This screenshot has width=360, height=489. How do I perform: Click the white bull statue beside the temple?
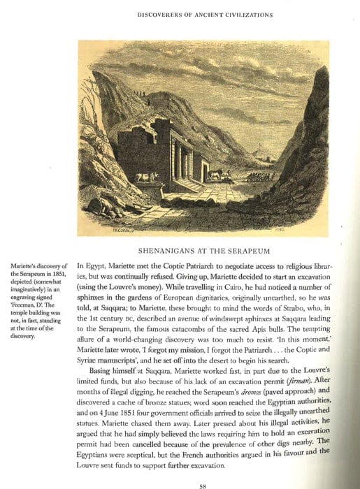click(147, 178)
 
